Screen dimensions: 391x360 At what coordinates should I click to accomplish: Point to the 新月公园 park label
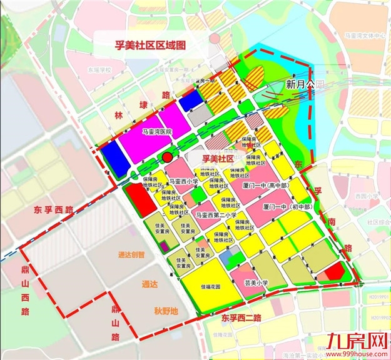[x=306, y=84]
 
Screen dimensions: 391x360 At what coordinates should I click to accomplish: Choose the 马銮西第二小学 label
[x=216, y=215]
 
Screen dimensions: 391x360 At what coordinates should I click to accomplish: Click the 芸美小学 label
[x=256, y=282]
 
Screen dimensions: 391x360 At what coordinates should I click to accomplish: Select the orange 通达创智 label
[x=131, y=255]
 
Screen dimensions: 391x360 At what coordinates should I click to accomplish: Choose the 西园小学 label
[x=365, y=196]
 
